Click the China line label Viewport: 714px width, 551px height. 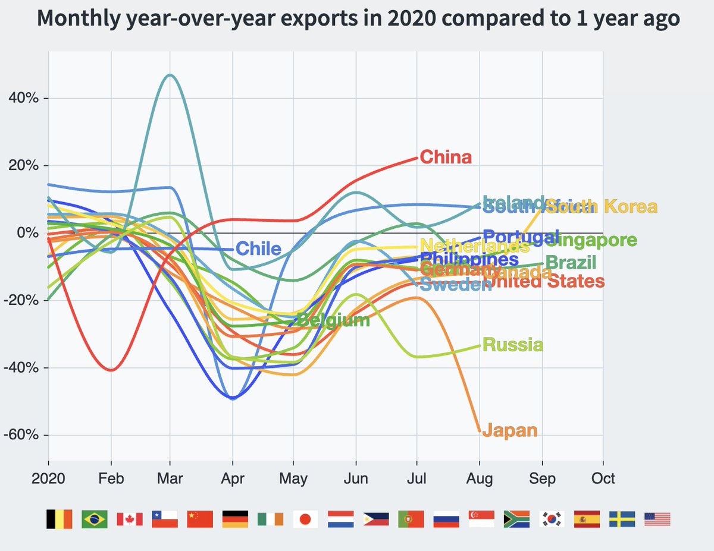tap(446, 158)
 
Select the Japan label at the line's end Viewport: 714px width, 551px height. tap(509, 430)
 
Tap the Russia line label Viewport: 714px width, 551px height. tap(512, 345)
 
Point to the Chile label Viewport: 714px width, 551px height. tap(258, 248)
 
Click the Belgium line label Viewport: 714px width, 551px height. tap(333, 321)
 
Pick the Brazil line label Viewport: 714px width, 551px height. tap(570, 262)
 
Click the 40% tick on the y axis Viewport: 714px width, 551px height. tap(24, 98)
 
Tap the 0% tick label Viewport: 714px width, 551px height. tap(28, 233)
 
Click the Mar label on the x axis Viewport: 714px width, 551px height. tap(170, 478)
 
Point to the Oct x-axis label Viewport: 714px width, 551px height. tap(603, 478)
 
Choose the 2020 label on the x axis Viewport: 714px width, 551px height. tap(48, 478)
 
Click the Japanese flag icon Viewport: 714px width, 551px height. tap(305, 519)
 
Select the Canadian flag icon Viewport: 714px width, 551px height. tap(129, 519)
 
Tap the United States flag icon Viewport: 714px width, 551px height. tap(657, 519)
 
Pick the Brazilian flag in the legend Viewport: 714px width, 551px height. tap(94, 519)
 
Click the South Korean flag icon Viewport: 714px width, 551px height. tap(552, 519)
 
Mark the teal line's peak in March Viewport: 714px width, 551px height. tap(170, 75)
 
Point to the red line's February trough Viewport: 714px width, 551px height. tap(111, 370)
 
